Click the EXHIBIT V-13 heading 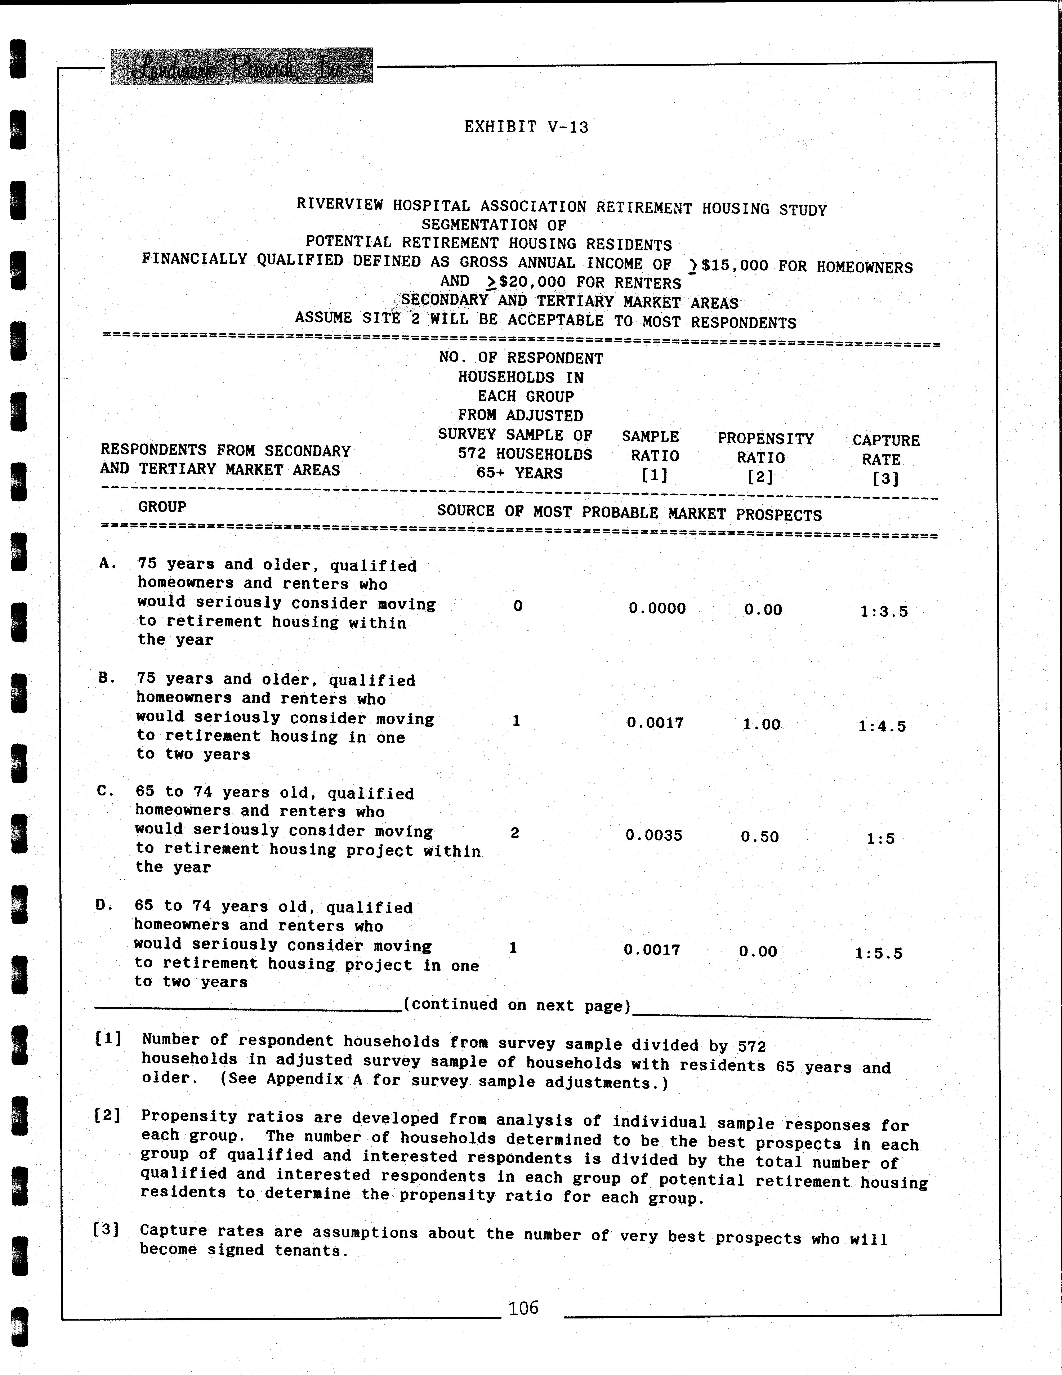pyautogui.click(x=526, y=127)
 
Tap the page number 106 pyautogui.click(x=524, y=1308)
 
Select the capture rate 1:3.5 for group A pyautogui.click(x=884, y=611)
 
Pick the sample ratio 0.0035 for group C pyautogui.click(x=653, y=835)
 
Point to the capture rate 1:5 pyautogui.click(x=880, y=838)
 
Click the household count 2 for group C pyautogui.click(x=515, y=833)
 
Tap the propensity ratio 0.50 pyautogui.click(x=760, y=837)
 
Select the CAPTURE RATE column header pyautogui.click(x=886, y=459)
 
